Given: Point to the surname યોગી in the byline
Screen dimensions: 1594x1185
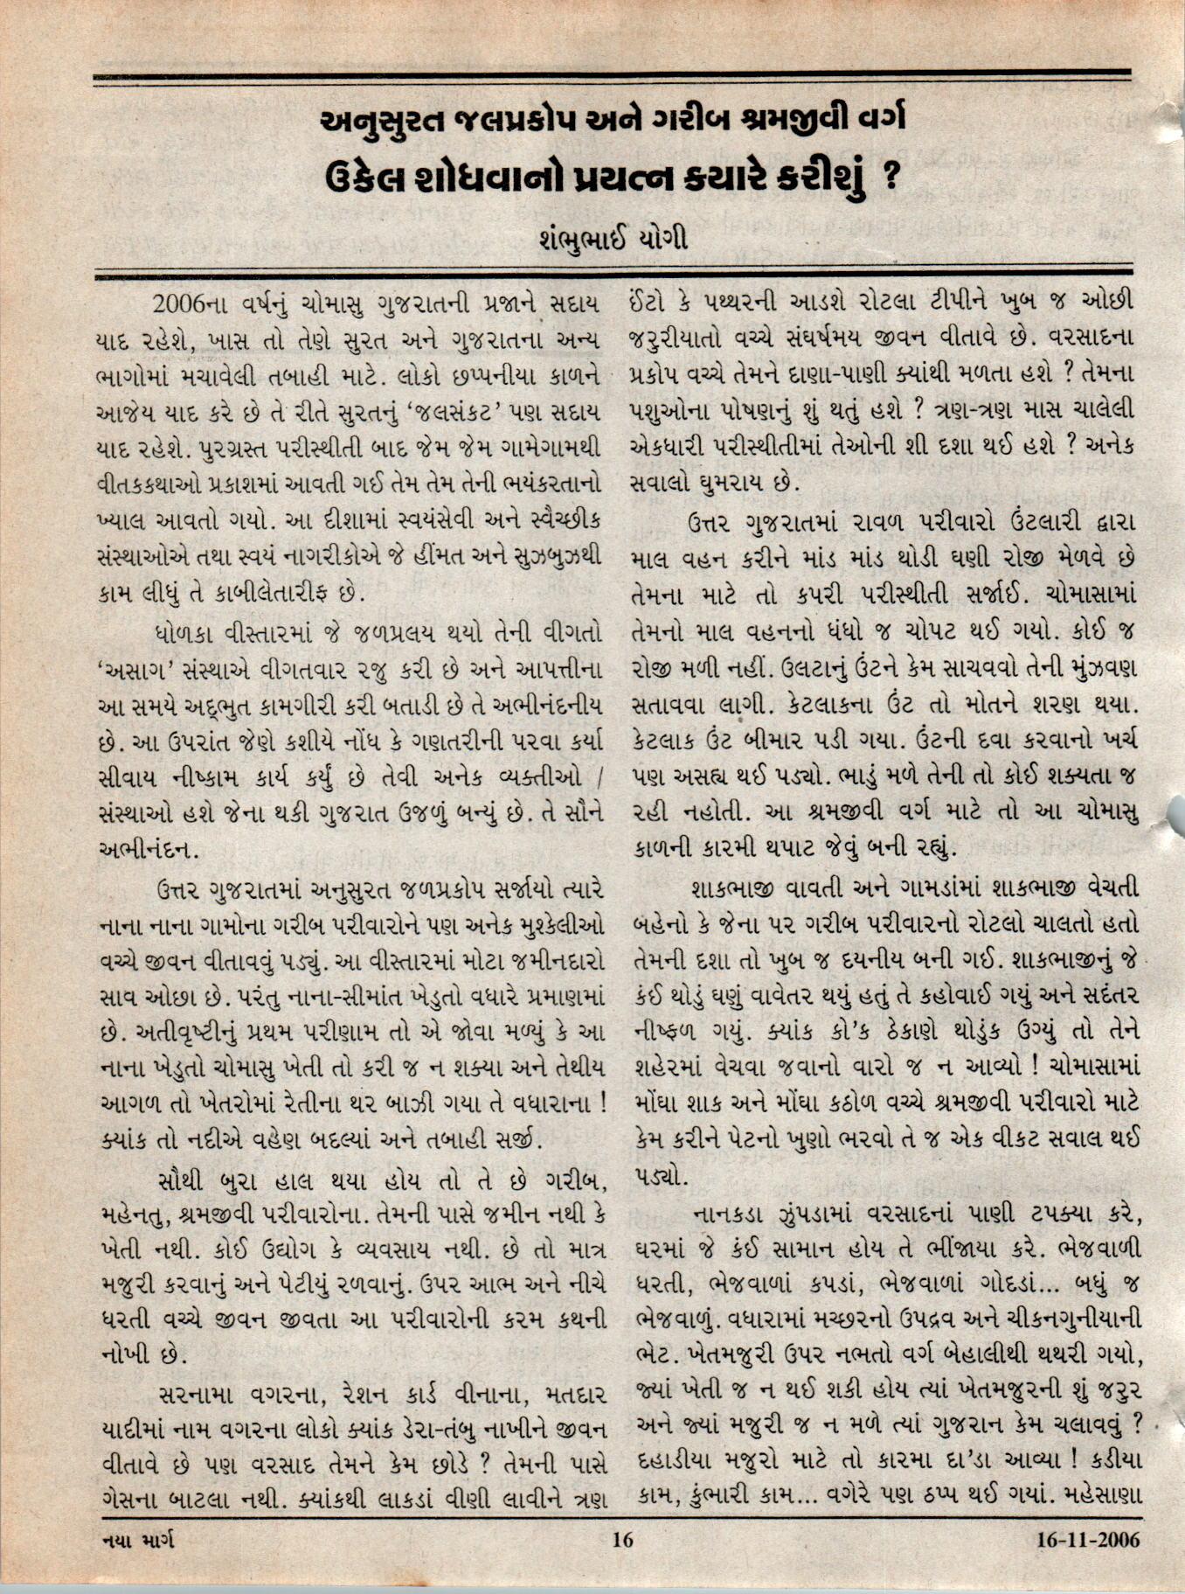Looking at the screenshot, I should [661, 238].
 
